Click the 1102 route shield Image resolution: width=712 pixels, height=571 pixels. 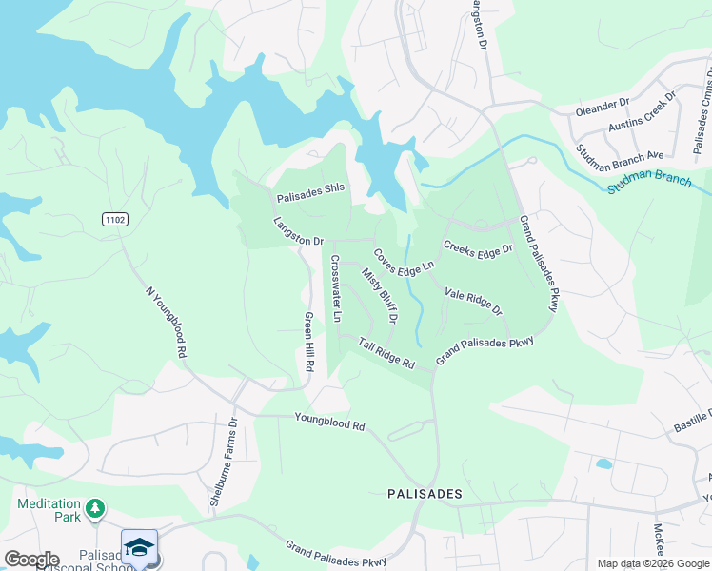click(115, 220)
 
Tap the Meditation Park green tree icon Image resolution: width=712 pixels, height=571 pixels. click(94, 509)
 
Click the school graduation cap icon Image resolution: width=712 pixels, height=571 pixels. click(139, 546)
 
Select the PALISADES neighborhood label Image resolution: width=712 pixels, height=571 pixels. click(425, 494)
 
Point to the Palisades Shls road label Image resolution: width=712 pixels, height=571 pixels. click(310, 199)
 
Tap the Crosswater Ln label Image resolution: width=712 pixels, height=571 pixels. click(335, 288)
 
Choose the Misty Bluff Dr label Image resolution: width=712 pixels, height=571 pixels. click(379, 294)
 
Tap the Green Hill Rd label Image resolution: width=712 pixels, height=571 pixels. click(308, 342)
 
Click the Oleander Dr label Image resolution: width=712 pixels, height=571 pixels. click(603, 105)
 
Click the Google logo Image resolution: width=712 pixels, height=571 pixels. click(31, 560)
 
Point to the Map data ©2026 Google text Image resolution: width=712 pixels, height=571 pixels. click(653, 563)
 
